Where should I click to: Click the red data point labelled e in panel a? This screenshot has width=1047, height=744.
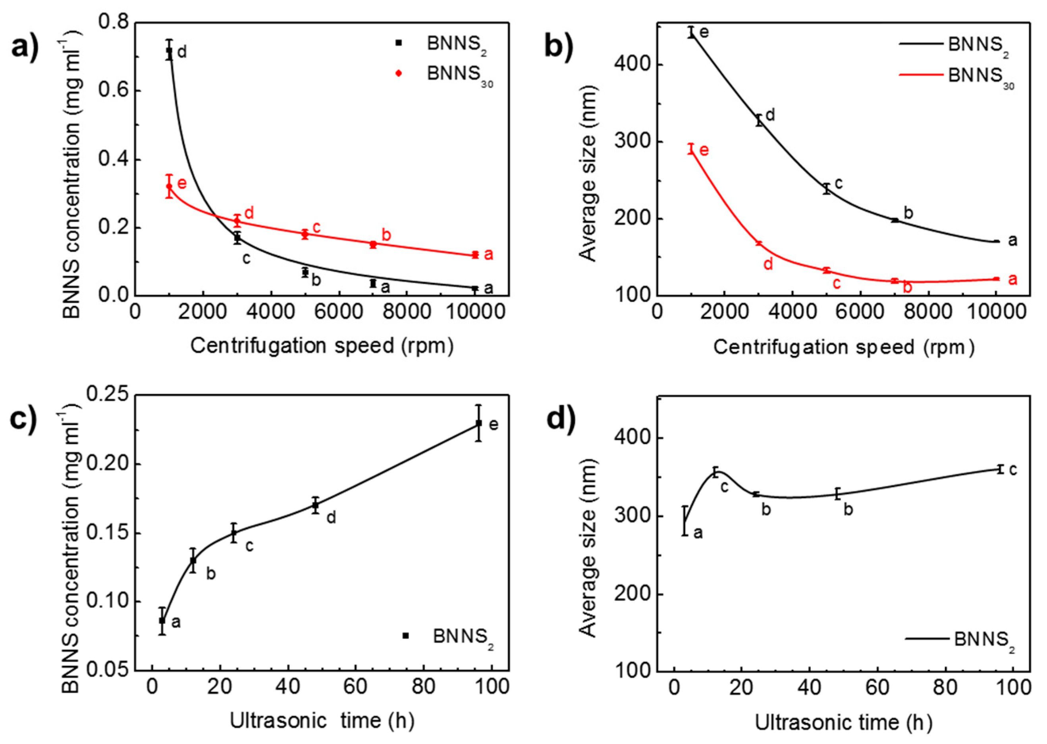tap(169, 186)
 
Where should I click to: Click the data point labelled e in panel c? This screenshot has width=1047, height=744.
tap(478, 423)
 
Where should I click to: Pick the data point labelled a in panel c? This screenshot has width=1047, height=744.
tap(162, 621)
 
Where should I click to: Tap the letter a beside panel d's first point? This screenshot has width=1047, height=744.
tap(698, 533)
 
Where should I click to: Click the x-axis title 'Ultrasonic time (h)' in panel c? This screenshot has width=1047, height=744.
tap(322, 721)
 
